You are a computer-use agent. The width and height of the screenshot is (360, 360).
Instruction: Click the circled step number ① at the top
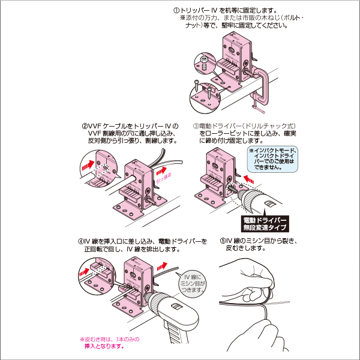coord(176,10)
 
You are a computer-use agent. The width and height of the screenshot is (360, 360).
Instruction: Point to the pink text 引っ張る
coord(163,178)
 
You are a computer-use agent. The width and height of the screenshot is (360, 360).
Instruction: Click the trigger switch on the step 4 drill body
coord(175,308)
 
